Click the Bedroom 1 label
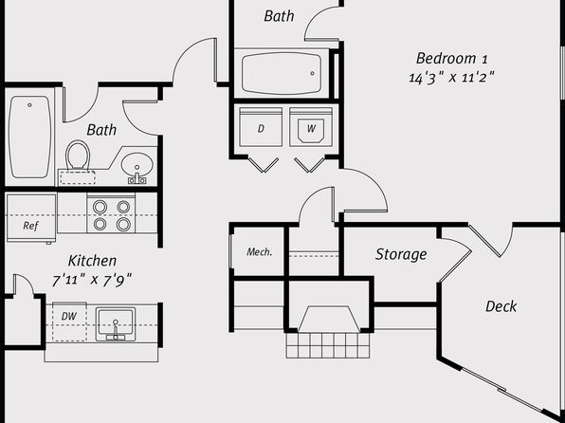click(x=452, y=59)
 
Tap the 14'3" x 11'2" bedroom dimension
click(x=451, y=77)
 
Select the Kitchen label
click(x=92, y=261)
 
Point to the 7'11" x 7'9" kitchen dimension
click(x=92, y=280)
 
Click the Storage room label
click(x=401, y=254)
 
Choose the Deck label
click(x=501, y=306)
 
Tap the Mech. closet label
click(x=260, y=252)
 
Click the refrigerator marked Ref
click(x=31, y=218)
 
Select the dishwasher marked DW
click(x=69, y=322)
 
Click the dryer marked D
click(x=261, y=127)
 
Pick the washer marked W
click(x=311, y=127)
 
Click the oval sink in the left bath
click(x=137, y=165)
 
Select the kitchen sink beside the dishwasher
click(x=116, y=323)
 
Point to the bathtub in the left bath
click(x=29, y=137)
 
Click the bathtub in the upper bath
click(x=282, y=74)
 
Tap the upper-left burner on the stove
click(x=100, y=207)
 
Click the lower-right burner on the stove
click(x=123, y=224)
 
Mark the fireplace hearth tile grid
click(x=328, y=345)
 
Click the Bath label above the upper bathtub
click(x=279, y=16)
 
